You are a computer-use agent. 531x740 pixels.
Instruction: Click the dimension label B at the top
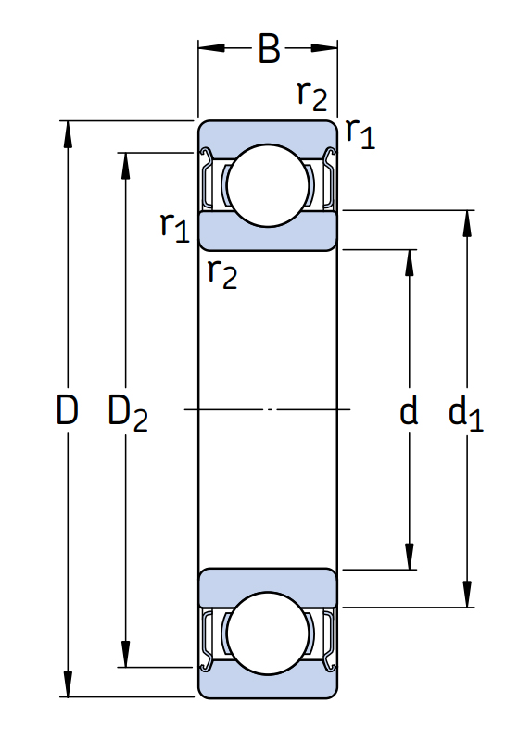click(269, 48)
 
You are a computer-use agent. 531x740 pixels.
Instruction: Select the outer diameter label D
click(67, 409)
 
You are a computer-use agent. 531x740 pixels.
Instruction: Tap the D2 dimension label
click(128, 413)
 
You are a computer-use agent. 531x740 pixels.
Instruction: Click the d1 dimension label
click(466, 413)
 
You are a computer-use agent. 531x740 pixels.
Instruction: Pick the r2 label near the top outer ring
click(312, 95)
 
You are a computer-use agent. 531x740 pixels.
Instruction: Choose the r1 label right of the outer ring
click(360, 133)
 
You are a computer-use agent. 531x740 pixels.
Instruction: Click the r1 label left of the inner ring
click(175, 227)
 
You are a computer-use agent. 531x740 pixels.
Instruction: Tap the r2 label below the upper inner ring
click(222, 274)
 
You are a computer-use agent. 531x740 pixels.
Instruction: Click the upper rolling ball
click(268, 185)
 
